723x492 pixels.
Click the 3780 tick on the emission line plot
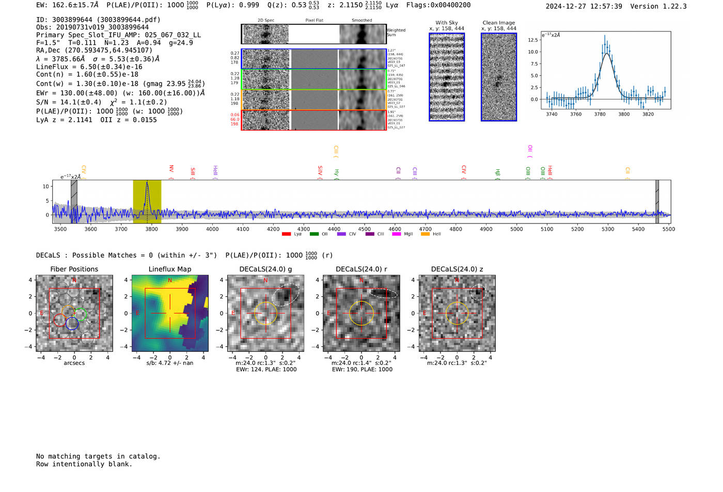[600, 114]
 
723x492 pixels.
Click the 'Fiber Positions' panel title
[74, 269]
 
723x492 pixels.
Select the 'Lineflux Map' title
[170, 269]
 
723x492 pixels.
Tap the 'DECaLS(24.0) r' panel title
[361, 269]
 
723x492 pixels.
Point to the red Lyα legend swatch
[286, 234]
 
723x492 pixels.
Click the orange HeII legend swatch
[425, 234]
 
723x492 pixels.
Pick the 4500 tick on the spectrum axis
[365, 229]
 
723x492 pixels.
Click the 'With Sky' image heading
[447, 23]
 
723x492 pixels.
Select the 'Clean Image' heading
[498, 23]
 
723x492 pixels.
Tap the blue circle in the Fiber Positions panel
[72, 324]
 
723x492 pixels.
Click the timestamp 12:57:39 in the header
[605, 6]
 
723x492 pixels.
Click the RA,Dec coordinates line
[94, 50]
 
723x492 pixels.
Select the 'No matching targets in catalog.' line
[98, 456]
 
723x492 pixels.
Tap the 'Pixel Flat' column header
[314, 21]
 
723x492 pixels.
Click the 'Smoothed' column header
[361, 21]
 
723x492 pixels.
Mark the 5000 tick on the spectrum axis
[516, 229]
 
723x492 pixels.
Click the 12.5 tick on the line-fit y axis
[532, 40]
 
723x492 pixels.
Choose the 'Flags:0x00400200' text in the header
[438, 5]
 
